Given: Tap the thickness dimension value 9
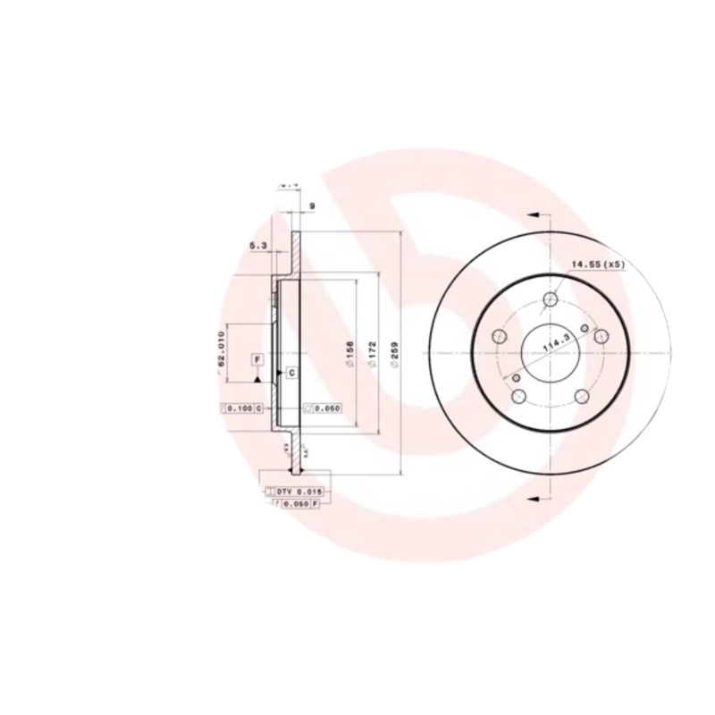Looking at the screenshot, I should [x=311, y=206].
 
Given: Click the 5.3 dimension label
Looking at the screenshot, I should [x=258, y=245].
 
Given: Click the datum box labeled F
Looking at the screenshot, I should [x=257, y=359].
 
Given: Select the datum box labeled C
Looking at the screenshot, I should [x=291, y=371].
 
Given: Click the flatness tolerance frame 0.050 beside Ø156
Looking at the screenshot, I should [x=323, y=408].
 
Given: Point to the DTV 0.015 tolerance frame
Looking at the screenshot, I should [x=294, y=492].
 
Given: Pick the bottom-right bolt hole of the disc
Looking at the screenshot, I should [x=582, y=398].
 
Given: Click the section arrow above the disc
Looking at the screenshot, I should [x=534, y=215].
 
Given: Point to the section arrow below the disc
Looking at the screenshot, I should [x=534, y=496].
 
